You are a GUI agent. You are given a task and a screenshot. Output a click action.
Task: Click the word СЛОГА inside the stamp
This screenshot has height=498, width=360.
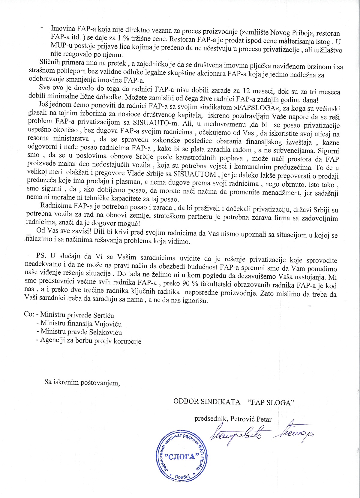[182, 457]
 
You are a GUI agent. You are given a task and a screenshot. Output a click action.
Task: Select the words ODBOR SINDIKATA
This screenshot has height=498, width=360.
[207, 402]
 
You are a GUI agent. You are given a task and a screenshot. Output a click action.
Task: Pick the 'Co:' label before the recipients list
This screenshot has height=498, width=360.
[29, 315]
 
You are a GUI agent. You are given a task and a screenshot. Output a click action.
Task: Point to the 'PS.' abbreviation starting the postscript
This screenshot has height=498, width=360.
[41, 256]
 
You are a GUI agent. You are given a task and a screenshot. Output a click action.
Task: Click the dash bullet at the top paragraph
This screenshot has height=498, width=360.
[42, 28]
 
